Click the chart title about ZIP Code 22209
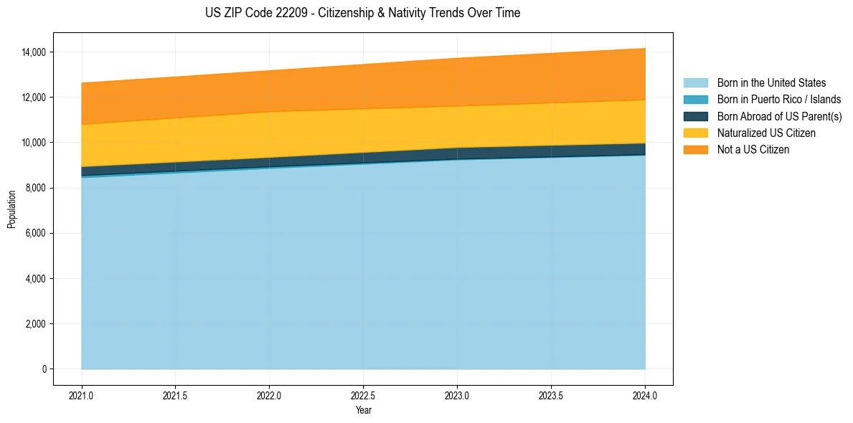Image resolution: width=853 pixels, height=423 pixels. click(362, 13)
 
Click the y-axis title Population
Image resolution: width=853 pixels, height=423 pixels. click(11, 209)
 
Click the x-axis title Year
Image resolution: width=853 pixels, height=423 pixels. click(363, 410)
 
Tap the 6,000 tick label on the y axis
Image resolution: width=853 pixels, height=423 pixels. click(34, 233)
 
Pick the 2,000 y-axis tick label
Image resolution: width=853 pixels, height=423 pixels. click(34, 324)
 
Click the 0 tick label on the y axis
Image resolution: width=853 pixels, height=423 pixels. click(44, 369)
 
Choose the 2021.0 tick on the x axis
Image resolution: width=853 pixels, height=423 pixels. click(82, 395)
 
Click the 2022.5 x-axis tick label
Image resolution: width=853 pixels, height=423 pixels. click(363, 395)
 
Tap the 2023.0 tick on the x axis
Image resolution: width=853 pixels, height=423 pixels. click(457, 395)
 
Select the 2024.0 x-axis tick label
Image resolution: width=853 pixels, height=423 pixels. click(645, 395)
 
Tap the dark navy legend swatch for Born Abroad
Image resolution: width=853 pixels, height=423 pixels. click(695, 116)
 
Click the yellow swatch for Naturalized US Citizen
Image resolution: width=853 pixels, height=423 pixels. click(695, 133)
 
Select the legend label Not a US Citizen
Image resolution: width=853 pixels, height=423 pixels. click(753, 150)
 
